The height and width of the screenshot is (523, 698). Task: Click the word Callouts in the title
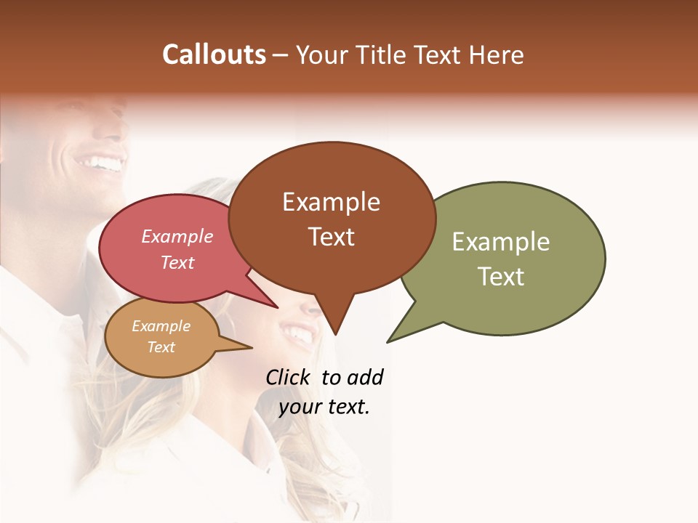214,54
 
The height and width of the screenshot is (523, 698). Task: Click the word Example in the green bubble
501,241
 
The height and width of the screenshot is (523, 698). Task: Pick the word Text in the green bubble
501,276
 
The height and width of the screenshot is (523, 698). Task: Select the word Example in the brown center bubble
331,202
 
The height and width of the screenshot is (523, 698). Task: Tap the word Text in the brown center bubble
332,237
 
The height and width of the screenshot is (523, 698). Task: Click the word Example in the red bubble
177,236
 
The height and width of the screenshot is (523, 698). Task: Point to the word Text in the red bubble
177,262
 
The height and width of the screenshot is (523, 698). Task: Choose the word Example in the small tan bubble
161,326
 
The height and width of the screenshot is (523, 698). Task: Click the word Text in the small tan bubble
161,347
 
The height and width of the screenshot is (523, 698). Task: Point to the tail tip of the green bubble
389,341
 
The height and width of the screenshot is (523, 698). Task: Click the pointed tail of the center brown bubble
334,332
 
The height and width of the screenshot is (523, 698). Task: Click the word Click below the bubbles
289,377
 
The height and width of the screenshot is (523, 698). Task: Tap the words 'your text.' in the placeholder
324,407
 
